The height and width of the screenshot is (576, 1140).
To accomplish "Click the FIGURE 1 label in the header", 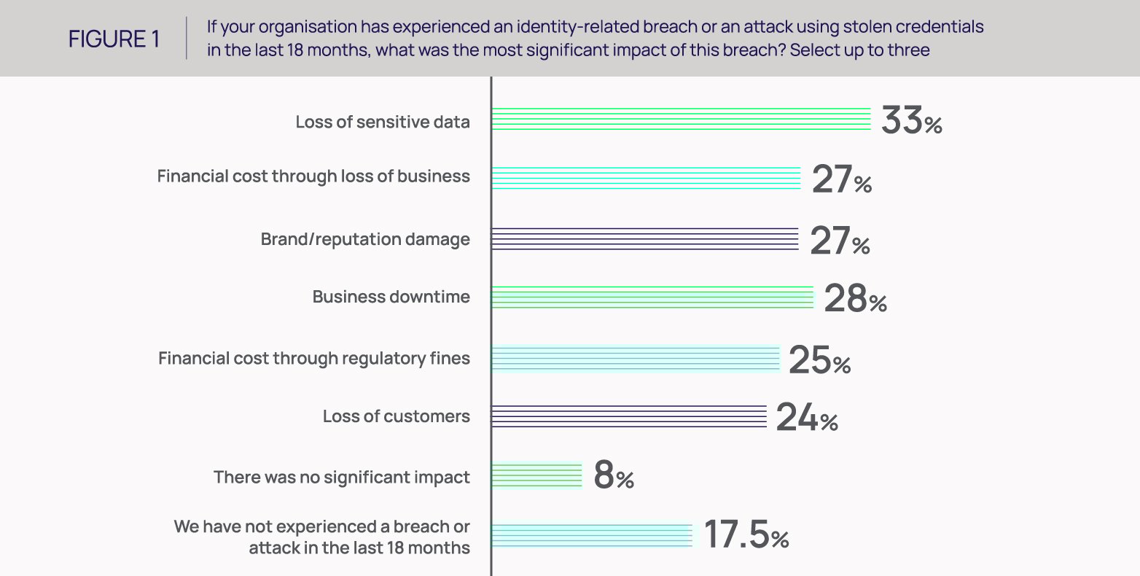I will [114, 39].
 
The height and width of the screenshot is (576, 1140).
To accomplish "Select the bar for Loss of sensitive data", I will [681, 119].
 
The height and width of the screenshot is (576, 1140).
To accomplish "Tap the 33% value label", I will [911, 121].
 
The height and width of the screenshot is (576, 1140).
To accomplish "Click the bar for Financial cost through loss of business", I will [646, 178].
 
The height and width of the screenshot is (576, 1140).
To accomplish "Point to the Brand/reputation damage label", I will [365, 240].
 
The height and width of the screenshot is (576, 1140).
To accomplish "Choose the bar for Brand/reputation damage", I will [644, 239].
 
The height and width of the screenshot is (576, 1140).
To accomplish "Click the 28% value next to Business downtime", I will [854, 299].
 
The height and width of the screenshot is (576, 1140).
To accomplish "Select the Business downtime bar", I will [652, 297].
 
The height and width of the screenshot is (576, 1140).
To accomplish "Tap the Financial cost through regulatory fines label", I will [314, 359].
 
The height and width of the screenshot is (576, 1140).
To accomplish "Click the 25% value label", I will [819, 361].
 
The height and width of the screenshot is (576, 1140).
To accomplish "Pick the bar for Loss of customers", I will [628, 416].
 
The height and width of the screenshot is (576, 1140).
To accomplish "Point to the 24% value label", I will [806, 419].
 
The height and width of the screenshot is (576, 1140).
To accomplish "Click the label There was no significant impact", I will [342, 478].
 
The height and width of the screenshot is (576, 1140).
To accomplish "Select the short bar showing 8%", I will [536, 475].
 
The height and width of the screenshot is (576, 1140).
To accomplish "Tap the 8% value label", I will [613, 476].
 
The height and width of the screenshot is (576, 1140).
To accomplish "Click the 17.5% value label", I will [746, 536].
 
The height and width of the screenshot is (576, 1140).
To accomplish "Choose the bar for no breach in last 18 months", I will [591, 535].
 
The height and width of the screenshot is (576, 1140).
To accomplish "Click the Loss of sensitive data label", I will [383, 122].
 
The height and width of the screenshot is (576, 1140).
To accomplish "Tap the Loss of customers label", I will [397, 417].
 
